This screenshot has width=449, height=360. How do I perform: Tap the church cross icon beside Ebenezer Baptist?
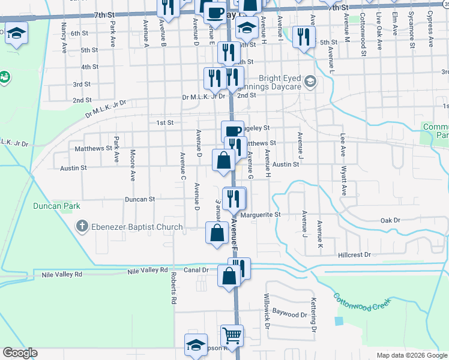[x=82, y=227]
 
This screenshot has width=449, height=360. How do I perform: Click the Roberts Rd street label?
[x=173, y=287]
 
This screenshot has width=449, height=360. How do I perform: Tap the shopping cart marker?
[x=231, y=335]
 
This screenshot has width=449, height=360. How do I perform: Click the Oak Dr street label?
[x=390, y=221]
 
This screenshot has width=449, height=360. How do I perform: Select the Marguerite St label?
[x=261, y=214]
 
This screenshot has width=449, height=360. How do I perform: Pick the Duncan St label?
[x=140, y=199]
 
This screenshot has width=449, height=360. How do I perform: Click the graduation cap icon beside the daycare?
[x=310, y=81]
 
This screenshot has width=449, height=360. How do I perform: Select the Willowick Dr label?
[x=268, y=308]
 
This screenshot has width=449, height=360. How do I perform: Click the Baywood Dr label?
[x=290, y=312]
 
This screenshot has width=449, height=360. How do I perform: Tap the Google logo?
[x=19, y=353]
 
